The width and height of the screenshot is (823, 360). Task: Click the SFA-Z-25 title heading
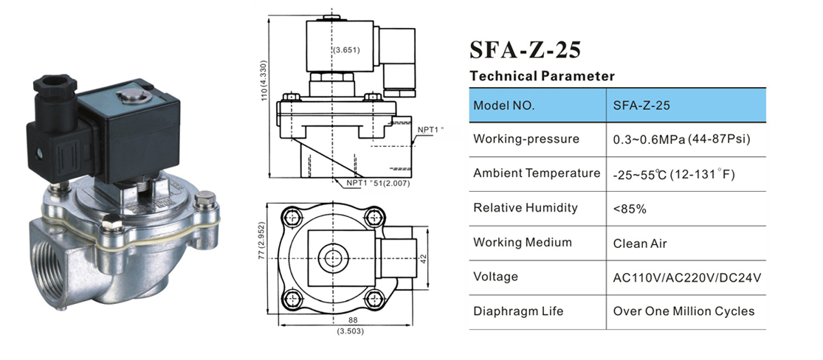tap(525, 49)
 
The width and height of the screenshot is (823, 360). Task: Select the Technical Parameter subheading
tap(542, 76)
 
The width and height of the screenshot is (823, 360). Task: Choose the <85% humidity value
tap(630, 209)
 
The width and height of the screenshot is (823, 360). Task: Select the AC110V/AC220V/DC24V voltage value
tap(686, 277)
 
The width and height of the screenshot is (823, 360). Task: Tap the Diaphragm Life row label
tap(518, 311)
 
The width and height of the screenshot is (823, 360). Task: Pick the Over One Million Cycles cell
tap(683, 311)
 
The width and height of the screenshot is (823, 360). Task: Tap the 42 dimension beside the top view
tap(423, 257)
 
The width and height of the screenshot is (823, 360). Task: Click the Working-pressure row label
tap(516, 139)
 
